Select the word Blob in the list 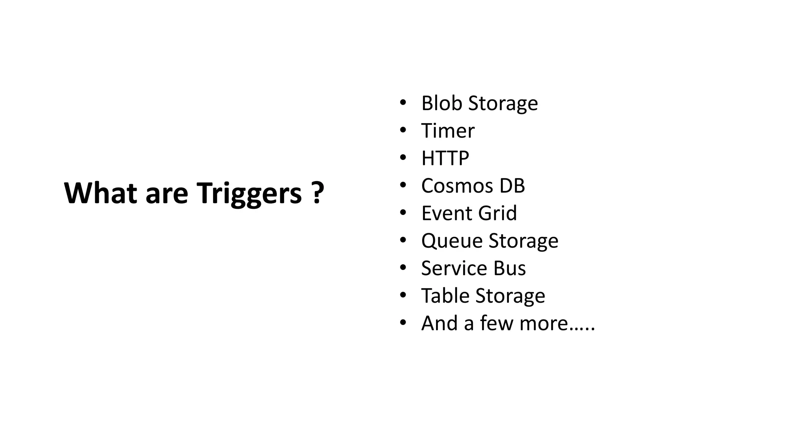click(442, 103)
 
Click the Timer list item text click(448, 131)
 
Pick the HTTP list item click(445, 158)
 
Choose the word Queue click(452, 241)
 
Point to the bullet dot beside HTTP click(403, 158)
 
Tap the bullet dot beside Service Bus click(403, 268)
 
